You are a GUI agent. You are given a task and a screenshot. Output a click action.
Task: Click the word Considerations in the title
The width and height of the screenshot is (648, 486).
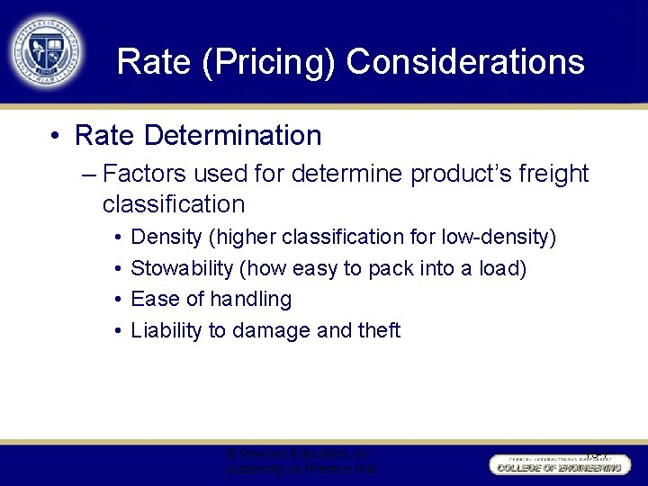465,62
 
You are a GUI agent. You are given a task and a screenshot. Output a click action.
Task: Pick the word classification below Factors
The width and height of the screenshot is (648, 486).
174,204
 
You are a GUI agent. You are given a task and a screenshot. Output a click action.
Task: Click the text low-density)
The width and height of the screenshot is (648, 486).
499,238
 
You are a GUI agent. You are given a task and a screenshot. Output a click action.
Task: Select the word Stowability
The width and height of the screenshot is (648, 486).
184,268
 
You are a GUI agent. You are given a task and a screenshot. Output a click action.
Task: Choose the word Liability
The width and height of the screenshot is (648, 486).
166,330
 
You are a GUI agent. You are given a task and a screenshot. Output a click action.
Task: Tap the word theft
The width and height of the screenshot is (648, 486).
379,330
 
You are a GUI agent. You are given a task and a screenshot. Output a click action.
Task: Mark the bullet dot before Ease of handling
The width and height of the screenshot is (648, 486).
119,299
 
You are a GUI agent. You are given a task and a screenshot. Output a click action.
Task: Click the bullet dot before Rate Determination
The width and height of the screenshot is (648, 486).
56,137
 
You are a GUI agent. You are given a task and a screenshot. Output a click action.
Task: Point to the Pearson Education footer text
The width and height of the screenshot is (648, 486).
301,462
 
